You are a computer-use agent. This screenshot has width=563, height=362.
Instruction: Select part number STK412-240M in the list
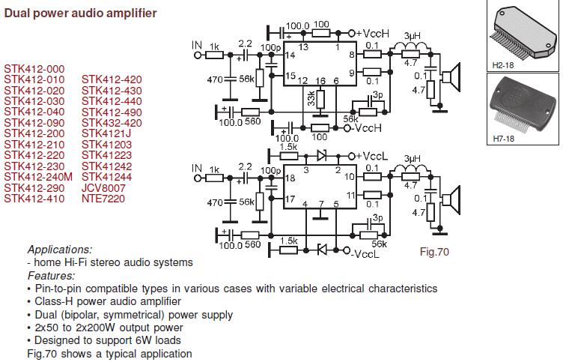[x=38, y=176]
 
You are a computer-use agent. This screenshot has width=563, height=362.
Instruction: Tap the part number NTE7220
[x=103, y=199]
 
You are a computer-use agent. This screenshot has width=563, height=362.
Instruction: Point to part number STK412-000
[x=34, y=69]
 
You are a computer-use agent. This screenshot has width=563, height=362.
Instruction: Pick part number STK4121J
[x=106, y=133]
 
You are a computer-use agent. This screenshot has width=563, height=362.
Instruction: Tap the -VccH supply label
[x=371, y=127]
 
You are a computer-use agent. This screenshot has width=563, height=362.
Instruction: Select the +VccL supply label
[x=372, y=156]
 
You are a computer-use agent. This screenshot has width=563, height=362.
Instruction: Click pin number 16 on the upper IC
[x=320, y=81]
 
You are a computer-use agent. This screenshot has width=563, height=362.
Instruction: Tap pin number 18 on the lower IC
[x=290, y=180]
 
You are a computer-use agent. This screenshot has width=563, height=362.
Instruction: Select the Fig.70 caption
[x=434, y=252]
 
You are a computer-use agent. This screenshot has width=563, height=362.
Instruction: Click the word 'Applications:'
[x=60, y=250]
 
